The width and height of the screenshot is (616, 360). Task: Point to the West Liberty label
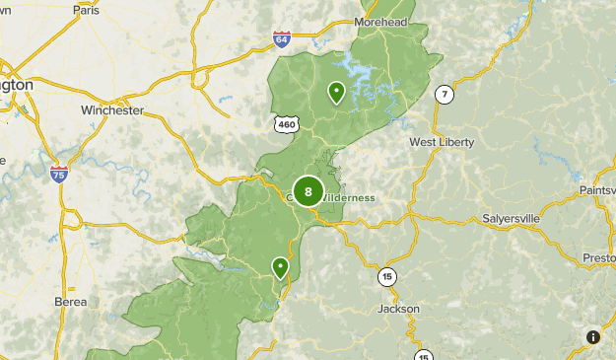442,142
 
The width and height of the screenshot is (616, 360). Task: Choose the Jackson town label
398,309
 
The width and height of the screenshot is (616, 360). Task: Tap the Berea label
70,302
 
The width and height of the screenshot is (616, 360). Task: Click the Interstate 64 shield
283,39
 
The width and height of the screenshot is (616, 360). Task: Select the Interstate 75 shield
59,175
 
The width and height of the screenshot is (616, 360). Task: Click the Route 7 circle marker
445,95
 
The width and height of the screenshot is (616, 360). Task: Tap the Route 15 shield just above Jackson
386,277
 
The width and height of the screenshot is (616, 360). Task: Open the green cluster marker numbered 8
308,191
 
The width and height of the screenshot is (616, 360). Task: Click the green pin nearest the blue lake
337,93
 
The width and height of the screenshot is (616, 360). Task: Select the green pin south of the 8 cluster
281,266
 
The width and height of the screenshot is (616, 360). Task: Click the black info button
593,337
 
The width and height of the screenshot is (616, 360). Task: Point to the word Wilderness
346,197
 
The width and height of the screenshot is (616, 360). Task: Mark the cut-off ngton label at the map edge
17,86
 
